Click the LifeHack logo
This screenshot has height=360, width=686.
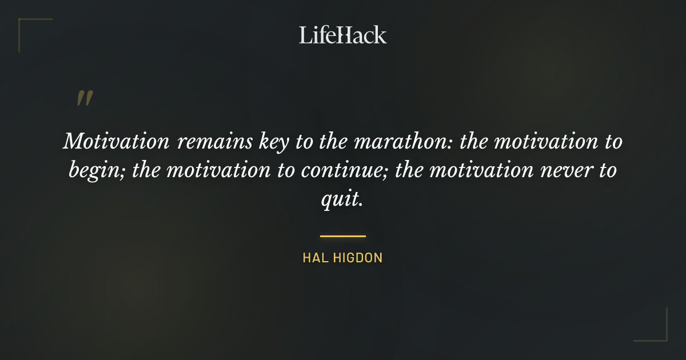coord(343,35)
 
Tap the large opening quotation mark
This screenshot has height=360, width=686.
coord(85,98)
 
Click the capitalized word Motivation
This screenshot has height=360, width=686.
coord(115,141)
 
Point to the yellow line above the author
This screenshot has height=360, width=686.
coord(343,235)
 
